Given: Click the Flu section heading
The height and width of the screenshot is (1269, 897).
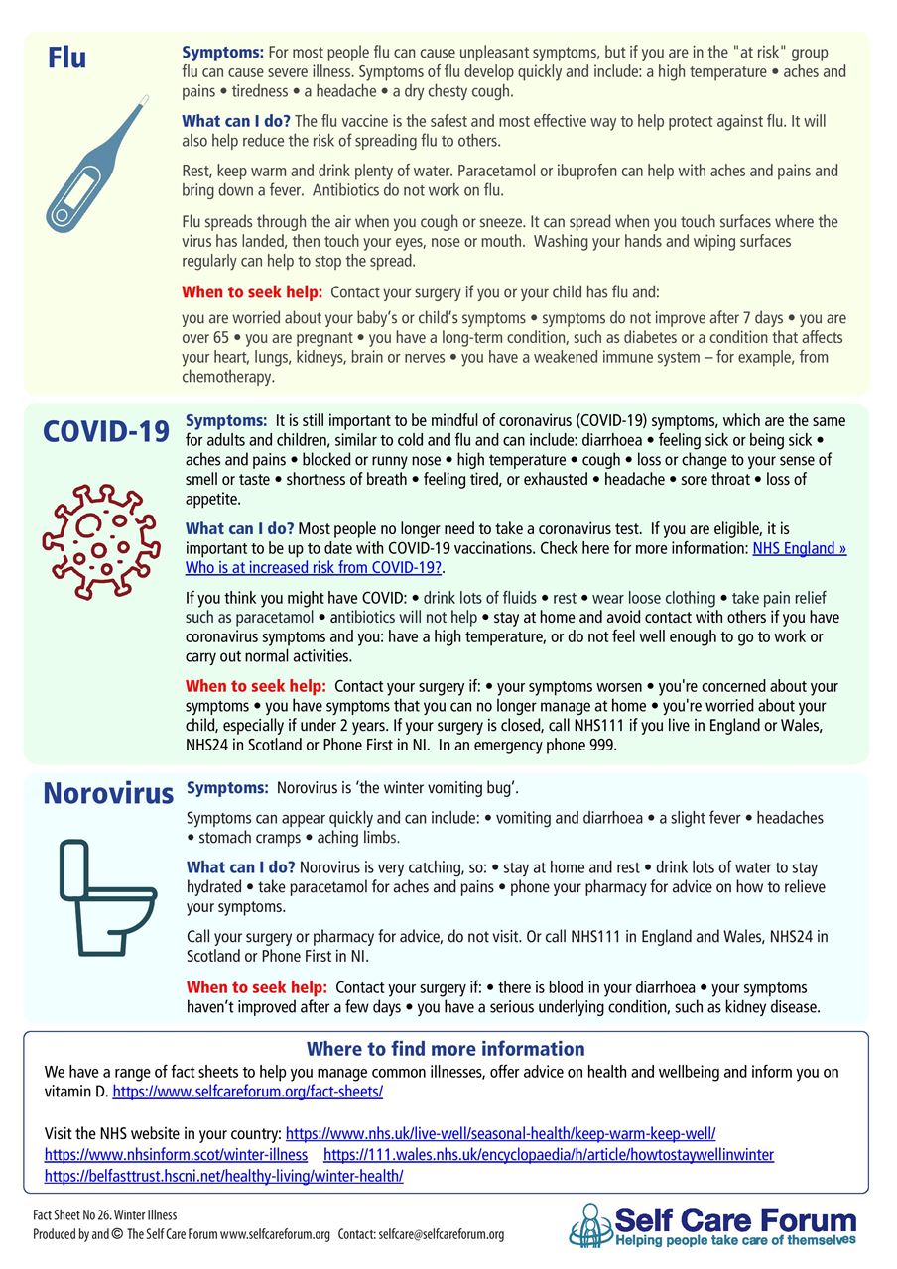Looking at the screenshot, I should click(x=66, y=58).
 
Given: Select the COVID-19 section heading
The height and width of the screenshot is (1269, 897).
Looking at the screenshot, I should click(x=105, y=431).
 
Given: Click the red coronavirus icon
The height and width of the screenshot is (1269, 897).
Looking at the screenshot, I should click(x=100, y=540).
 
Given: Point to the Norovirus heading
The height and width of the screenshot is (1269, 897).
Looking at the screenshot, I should click(x=108, y=793).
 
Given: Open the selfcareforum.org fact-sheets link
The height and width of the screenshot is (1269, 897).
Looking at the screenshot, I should click(x=248, y=1091).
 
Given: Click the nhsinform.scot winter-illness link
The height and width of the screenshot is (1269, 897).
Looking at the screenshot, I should click(x=176, y=1155).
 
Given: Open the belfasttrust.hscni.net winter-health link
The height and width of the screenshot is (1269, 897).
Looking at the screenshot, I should click(x=223, y=1176).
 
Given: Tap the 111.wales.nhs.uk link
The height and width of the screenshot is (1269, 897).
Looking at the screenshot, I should click(x=549, y=1155).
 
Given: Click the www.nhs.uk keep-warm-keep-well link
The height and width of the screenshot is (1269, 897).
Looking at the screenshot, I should click(x=500, y=1133).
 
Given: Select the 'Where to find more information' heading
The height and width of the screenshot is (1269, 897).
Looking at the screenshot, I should click(x=446, y=1049).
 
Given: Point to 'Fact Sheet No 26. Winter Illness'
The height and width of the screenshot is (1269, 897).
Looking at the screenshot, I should click(x=104, y=1214).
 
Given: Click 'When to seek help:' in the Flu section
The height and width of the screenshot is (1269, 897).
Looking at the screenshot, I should click(x=252, y=292).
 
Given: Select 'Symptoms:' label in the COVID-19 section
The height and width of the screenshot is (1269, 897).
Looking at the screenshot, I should click(x=226, y=421).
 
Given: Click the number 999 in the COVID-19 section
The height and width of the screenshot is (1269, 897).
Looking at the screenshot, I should click(x=603, y=746).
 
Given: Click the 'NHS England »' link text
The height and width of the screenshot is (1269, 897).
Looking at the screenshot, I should click(x=800, y=548).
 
